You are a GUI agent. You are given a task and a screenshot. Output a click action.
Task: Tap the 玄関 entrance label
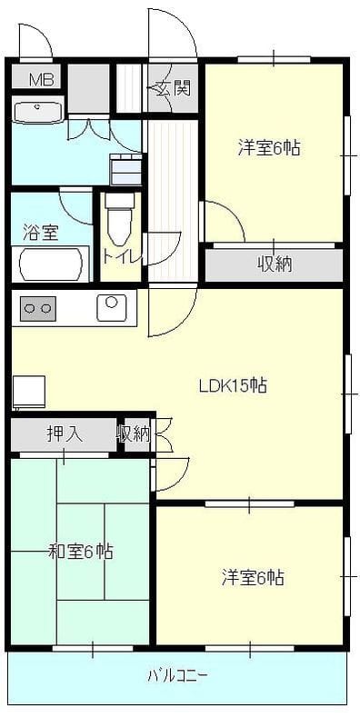[173, 88]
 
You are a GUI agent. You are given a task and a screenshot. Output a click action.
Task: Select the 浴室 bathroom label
[40, 233]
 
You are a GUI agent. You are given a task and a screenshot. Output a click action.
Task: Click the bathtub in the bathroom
[50, 264]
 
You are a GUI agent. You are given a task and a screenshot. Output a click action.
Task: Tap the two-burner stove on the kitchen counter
[37, 308]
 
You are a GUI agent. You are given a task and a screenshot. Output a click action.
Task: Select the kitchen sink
[112, 307]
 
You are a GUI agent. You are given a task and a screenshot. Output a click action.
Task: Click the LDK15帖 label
[233, 385]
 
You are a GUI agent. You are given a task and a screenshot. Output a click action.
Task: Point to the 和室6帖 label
[81, 552]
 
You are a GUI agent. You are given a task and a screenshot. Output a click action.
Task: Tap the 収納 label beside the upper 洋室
[275, 264]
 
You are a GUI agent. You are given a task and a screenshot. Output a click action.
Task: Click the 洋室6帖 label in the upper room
[269, 148]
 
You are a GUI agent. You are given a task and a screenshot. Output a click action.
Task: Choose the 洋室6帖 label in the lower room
[253, 578]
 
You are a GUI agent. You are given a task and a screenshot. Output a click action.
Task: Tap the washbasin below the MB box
[38, 112]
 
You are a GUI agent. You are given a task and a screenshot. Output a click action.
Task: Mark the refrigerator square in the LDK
[29, 391]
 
